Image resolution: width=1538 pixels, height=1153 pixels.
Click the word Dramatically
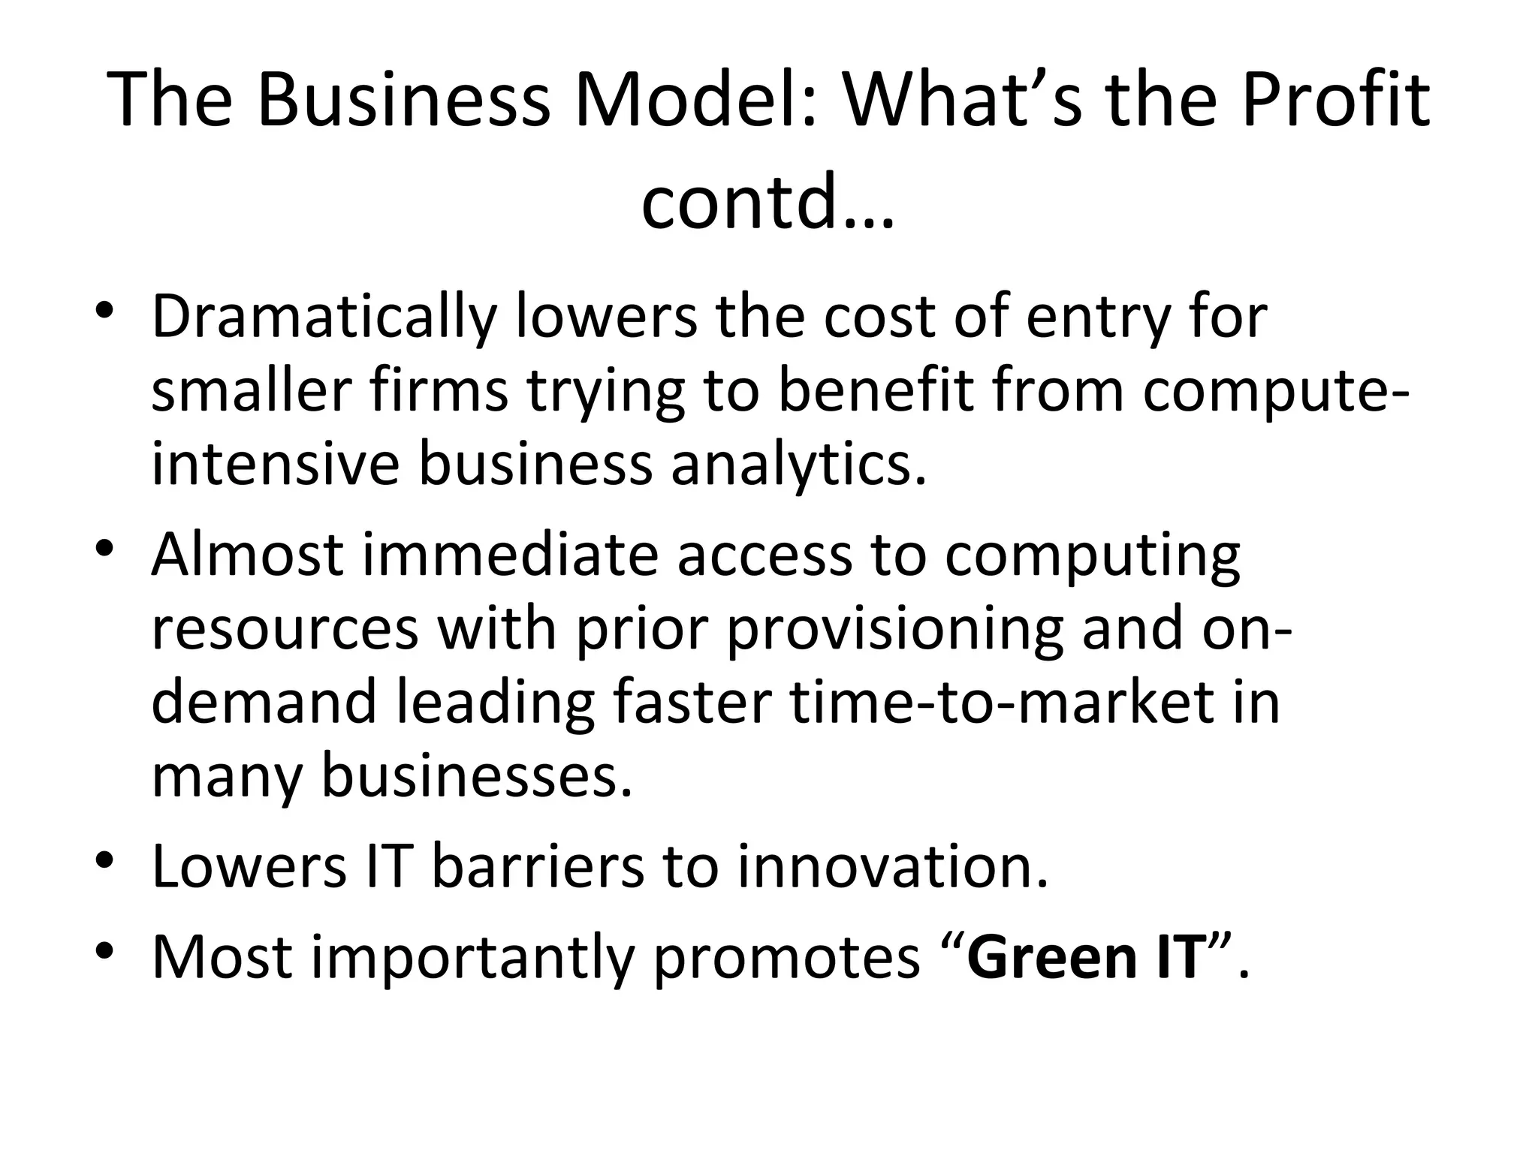pyautogui.click(x=324, y=318)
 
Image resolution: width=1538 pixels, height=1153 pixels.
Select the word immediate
pyautogui.click(x=511, y=555)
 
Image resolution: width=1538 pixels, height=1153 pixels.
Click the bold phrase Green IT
pyautogui.click(x=1086, y=957)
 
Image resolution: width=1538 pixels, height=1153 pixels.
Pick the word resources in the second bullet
pyautogui.click(x=285, y=629)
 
